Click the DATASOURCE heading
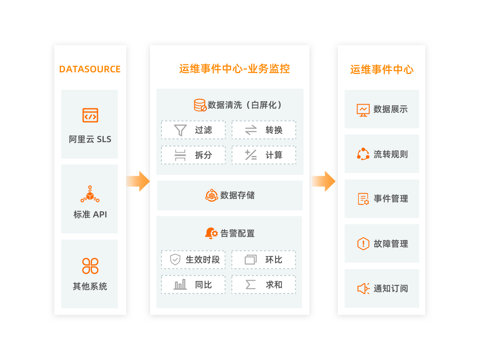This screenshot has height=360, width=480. pos(90,69)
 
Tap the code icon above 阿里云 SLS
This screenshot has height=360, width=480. pos(90,115)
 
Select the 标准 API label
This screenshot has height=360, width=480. pos(90,214)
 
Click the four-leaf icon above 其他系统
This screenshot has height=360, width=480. pos(90,266)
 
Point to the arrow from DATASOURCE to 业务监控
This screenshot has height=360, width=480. pos(138,181)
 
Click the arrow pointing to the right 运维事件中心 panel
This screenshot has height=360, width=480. pos(323,181)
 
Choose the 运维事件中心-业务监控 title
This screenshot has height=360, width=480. pos(234,69)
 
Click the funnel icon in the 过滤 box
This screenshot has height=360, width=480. pos(180,130)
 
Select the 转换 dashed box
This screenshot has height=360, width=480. pos(264,130)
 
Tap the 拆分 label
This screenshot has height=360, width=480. pos(204,155)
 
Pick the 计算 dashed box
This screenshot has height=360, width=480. pos(264,155)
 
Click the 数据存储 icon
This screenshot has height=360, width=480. pos(212,195)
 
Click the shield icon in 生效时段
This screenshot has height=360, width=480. pos(175,260)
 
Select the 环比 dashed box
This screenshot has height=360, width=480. pos(264,260)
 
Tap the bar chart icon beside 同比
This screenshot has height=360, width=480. pos(180,285)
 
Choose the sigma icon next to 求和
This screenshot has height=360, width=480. pos(250,285)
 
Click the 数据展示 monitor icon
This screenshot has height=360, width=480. pos(363,110)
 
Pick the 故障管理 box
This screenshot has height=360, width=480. pos(382,244)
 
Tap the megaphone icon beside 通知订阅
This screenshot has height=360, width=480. pos(363,289)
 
